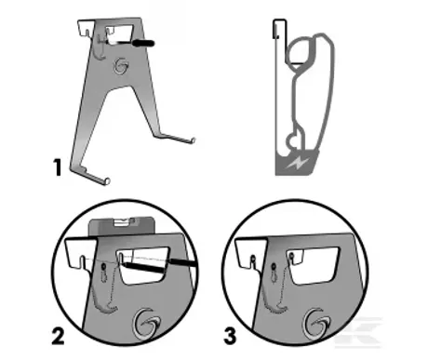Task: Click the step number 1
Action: pyautogui.click(x=58, y=167)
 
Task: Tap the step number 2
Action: pyautogui.click(x=58, y=337)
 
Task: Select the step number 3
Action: pyautogui.click(x=230, y=336)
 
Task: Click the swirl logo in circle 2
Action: pyautogui.click(x=146, y=324)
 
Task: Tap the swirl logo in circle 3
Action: pyautogui.click(x=316, y=324)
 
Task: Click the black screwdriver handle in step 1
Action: pyautogui.click(x=143, y=43)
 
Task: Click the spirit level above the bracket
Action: pyautogui.click(x=122, y=226)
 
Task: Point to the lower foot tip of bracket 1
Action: pyautogui.click(x=107, y=181)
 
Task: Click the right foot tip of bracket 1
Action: pyautogui.click(x=194, y=140)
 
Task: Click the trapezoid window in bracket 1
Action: pyautogui.click(x=120, y=33)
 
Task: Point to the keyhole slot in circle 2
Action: pyautogui.click(x=104, y=273)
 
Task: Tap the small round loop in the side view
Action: pyautogui.click(x=291, y=141)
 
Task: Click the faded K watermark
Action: pyautogui.click(x=360, y=332)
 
